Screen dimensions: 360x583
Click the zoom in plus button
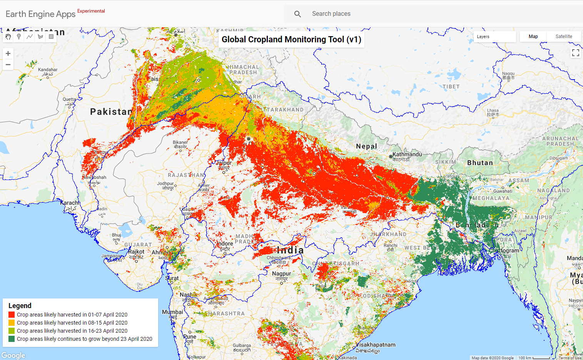click(x=8, y=53)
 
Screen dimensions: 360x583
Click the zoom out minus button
click(x=8, y=65)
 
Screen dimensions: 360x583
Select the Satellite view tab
click(x=563, y=37)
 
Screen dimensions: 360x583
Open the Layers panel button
click(x=494, y=37)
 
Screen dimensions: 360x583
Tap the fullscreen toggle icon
click(x=575, y=53)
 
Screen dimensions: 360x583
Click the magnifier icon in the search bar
click(x=297, y=14)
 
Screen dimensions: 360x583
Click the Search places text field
click(x=385, y=14)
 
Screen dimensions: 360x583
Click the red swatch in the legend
click(x=12, y=315)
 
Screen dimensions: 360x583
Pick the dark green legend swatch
click(x=12, y=339)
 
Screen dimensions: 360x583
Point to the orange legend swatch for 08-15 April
click(x=12, y=323)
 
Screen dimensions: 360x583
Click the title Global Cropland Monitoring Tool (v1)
click(x=291, y=40)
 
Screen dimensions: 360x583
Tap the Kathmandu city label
click(x=407, y=154)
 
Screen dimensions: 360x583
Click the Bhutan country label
click(x=480, y=163)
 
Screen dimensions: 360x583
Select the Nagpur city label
click(x=282, y=274)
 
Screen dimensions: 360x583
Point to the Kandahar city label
click(x=48, y=70)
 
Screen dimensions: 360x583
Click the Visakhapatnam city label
click(x=375, y=345)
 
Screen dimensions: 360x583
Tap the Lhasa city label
click(x=493, y=111)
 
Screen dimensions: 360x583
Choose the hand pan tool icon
click(x=8, y=37)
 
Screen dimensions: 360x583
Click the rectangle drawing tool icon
click(x=51, y=37)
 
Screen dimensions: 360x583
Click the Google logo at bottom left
click(x=13, y=355)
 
